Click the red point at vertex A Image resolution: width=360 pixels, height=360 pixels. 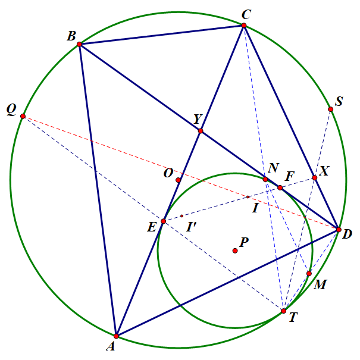click(116, 336)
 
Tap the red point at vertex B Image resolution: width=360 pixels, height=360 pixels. click(79, 44)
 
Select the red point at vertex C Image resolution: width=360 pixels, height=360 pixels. click(244, 26)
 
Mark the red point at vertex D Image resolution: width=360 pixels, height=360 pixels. click(339, 230)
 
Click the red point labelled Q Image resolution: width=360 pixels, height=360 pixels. click(23, 116)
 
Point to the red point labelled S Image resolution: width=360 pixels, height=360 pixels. click(331, 109)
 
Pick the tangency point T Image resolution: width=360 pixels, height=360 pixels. click(284, 311)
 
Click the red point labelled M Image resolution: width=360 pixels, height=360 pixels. click(309, 274)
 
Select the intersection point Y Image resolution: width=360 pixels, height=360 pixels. click(201, 131)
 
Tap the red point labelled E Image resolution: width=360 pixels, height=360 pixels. click(164, 221)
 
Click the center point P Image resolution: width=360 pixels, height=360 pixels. click(235, 251)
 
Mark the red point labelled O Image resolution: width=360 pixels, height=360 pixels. click(179, 180)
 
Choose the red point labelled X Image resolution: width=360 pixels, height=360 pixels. click(315, 177)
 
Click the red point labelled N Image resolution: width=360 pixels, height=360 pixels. click(265, 179)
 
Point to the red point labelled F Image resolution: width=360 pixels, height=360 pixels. click(280, 187)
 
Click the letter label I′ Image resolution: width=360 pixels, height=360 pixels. click(192, 227)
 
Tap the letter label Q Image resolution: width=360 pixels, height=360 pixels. click(11, 109)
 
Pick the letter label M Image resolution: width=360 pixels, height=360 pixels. click(320, 285)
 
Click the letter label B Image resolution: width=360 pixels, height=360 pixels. click(71, 36)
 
